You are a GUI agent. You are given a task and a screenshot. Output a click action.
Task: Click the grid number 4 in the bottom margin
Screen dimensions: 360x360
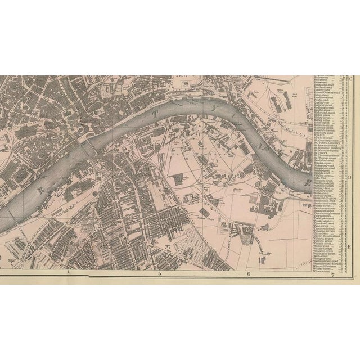pyautogui.click(x=69, y=273)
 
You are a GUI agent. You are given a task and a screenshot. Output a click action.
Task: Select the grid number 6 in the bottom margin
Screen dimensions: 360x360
pyautogui.click(x=248, y=274)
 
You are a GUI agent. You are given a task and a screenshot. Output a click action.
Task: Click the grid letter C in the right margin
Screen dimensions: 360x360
pyautogui.click(x=350, y=79)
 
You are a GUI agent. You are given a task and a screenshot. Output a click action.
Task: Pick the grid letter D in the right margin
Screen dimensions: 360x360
pyautogui.click(x=350, y=176)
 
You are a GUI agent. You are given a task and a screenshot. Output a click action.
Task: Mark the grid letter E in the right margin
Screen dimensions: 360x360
pyautogui.click(x=349, y=246)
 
